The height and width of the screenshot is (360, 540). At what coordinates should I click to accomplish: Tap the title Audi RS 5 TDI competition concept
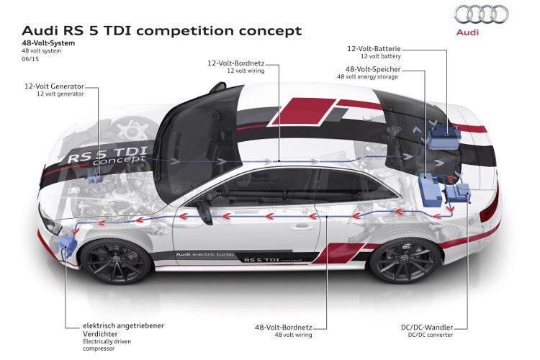pos(162,31)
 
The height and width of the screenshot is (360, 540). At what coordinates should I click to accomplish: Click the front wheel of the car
pos(115,253)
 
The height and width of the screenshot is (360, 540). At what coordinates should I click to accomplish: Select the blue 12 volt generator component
pos(94,176)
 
